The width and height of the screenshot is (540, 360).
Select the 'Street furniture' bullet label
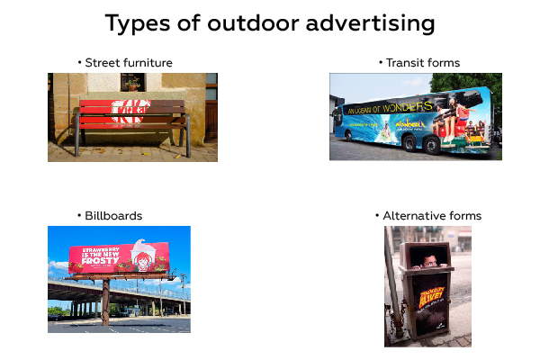coord(129,63)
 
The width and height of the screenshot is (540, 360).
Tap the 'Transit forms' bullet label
coord(422,63)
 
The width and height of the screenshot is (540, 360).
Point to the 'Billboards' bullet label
coord(113,216)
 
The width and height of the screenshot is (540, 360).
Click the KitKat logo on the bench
coord(132,113)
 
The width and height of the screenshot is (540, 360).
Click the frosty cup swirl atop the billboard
coord(139,240)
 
